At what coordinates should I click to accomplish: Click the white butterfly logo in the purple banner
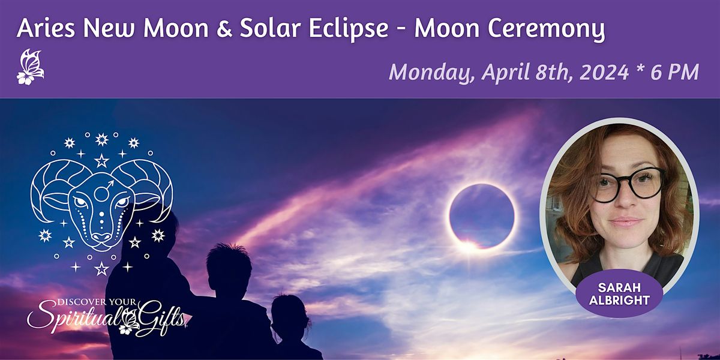pos(30,67)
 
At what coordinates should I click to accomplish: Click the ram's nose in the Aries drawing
pos(101,234)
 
